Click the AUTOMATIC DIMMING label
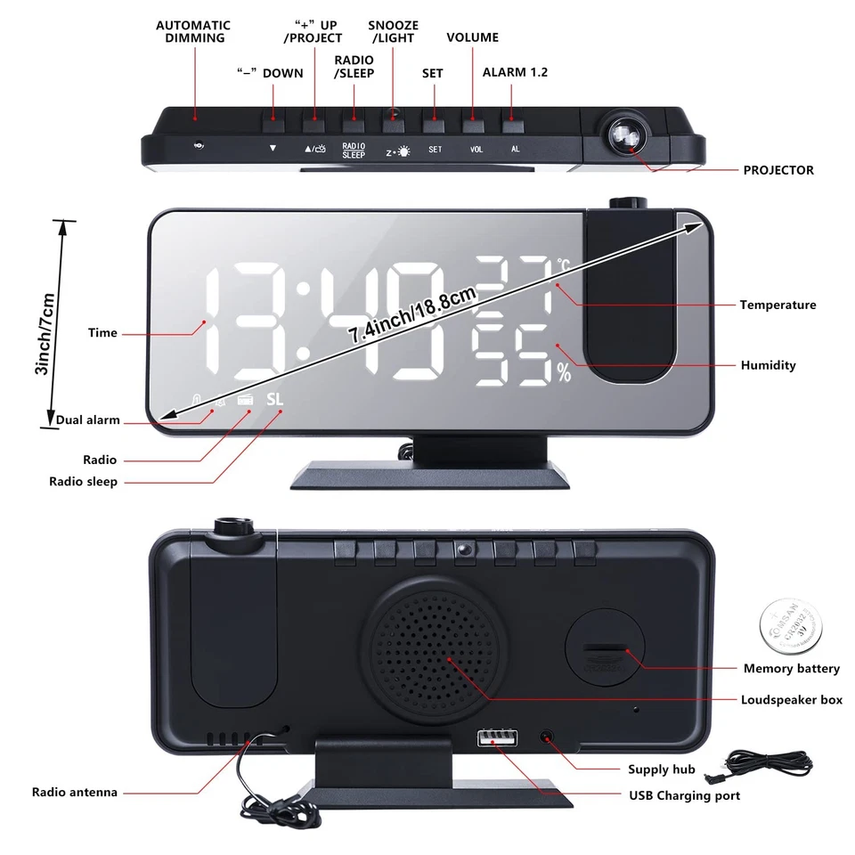193,31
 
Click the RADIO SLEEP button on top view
354,117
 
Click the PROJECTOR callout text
778,170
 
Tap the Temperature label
777,305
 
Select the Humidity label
768,365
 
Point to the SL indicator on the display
273,400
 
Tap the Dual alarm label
87,420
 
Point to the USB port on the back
497,738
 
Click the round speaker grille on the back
436,657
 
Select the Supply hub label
661,769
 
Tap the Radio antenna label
75,792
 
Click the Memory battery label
791,668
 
